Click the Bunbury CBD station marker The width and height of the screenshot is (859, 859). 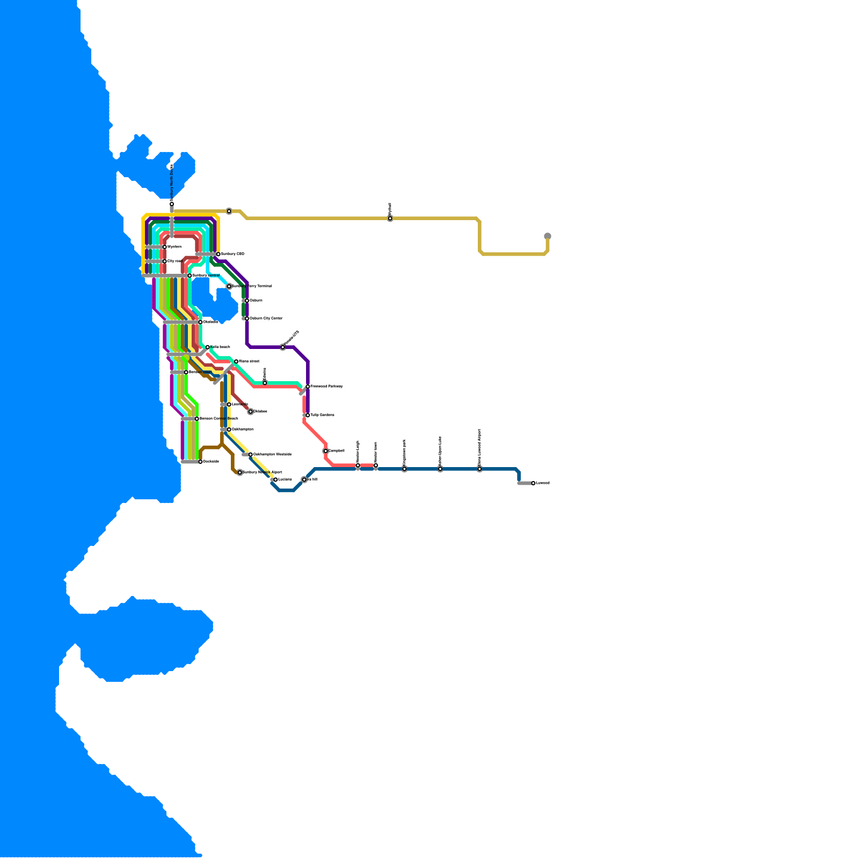(219, 254)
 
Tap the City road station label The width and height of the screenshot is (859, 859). (175, 261)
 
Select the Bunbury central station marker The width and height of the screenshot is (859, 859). (190, 275)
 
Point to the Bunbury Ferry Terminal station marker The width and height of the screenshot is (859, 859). (229, 286)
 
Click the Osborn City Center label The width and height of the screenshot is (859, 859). (266, 318)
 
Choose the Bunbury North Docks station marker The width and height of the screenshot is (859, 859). (172, 204)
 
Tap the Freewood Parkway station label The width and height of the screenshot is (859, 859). (326, 387)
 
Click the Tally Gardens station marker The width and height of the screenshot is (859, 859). (308, 415)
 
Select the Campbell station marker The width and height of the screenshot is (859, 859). (326, 451)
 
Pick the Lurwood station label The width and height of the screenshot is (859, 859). (543, 483)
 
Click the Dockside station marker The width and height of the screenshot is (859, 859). (200, 462)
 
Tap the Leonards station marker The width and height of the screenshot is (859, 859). (229, 404)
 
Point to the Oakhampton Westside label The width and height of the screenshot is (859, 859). (272, 455)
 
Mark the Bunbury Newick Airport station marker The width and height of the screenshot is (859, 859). (240, 472)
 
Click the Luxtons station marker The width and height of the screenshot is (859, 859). (275, 479)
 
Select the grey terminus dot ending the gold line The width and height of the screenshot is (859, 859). (548, 236)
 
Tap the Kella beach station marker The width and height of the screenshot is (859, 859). (208, 347)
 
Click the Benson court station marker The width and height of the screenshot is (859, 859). (186, 372)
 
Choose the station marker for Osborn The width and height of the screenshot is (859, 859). (247, 301)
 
